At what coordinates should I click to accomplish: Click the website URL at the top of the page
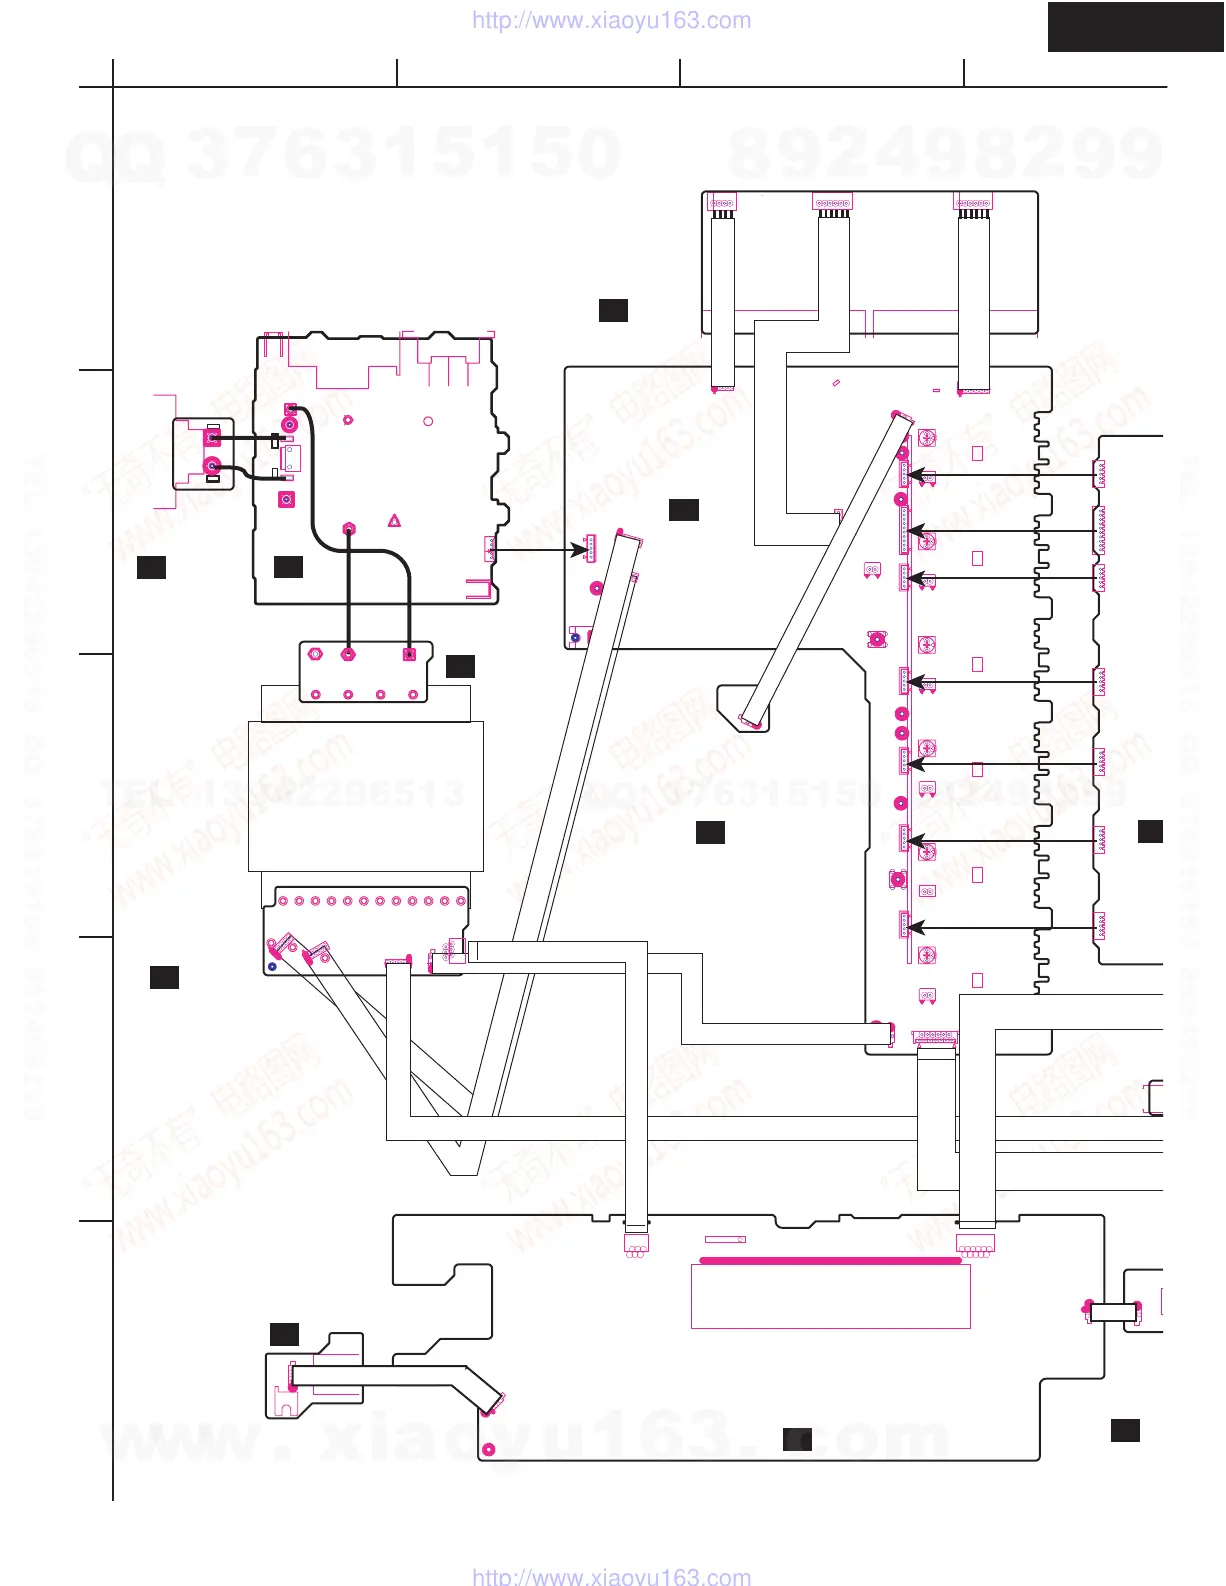(x=611, y=21)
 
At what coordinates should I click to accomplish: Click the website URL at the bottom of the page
(x=611, y=1576)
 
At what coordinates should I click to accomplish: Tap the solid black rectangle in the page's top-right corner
(x=1135, y=27)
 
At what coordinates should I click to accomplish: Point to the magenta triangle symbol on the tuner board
(x=395, y=521)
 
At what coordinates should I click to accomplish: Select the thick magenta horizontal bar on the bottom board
(x=830, y=1261)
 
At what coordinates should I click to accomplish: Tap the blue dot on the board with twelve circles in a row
(x=272, y=967)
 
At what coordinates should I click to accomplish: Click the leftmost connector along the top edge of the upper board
(x=722, y=203)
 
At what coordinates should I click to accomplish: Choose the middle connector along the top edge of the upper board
(x=832, y=203)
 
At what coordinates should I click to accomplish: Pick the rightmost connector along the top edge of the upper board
(x=973, y=203)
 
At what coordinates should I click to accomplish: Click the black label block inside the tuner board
(x=288, y=567)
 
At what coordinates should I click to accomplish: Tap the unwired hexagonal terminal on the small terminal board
(x=316, y=654)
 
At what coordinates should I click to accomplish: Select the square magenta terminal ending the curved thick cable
(x=408, y=654)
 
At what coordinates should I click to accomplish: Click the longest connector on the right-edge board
(x=1101, y=529)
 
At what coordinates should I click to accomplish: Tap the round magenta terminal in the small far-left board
(x=212, y=465)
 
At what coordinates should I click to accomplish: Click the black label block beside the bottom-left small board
(x=284, y=1333)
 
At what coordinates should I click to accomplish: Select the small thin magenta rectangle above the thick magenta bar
(x=725, y=1240)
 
